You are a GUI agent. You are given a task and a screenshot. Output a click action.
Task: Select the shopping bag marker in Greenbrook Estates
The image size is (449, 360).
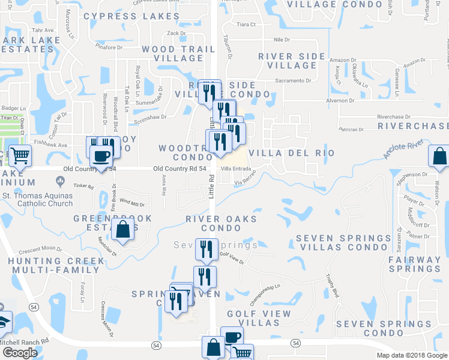123,230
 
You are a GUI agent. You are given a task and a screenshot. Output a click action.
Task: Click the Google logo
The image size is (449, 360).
19,353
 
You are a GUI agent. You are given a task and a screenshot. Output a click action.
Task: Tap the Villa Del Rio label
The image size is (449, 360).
291,153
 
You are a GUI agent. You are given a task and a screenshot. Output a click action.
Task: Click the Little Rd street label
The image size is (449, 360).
211,186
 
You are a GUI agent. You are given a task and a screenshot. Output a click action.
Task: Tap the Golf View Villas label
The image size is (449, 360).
259,319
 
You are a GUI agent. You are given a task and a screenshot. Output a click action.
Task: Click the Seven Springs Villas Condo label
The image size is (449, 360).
343,243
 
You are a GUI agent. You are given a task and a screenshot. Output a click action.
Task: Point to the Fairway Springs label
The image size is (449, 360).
414,265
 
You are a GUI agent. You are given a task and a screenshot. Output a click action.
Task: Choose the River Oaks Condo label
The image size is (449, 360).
221,224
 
